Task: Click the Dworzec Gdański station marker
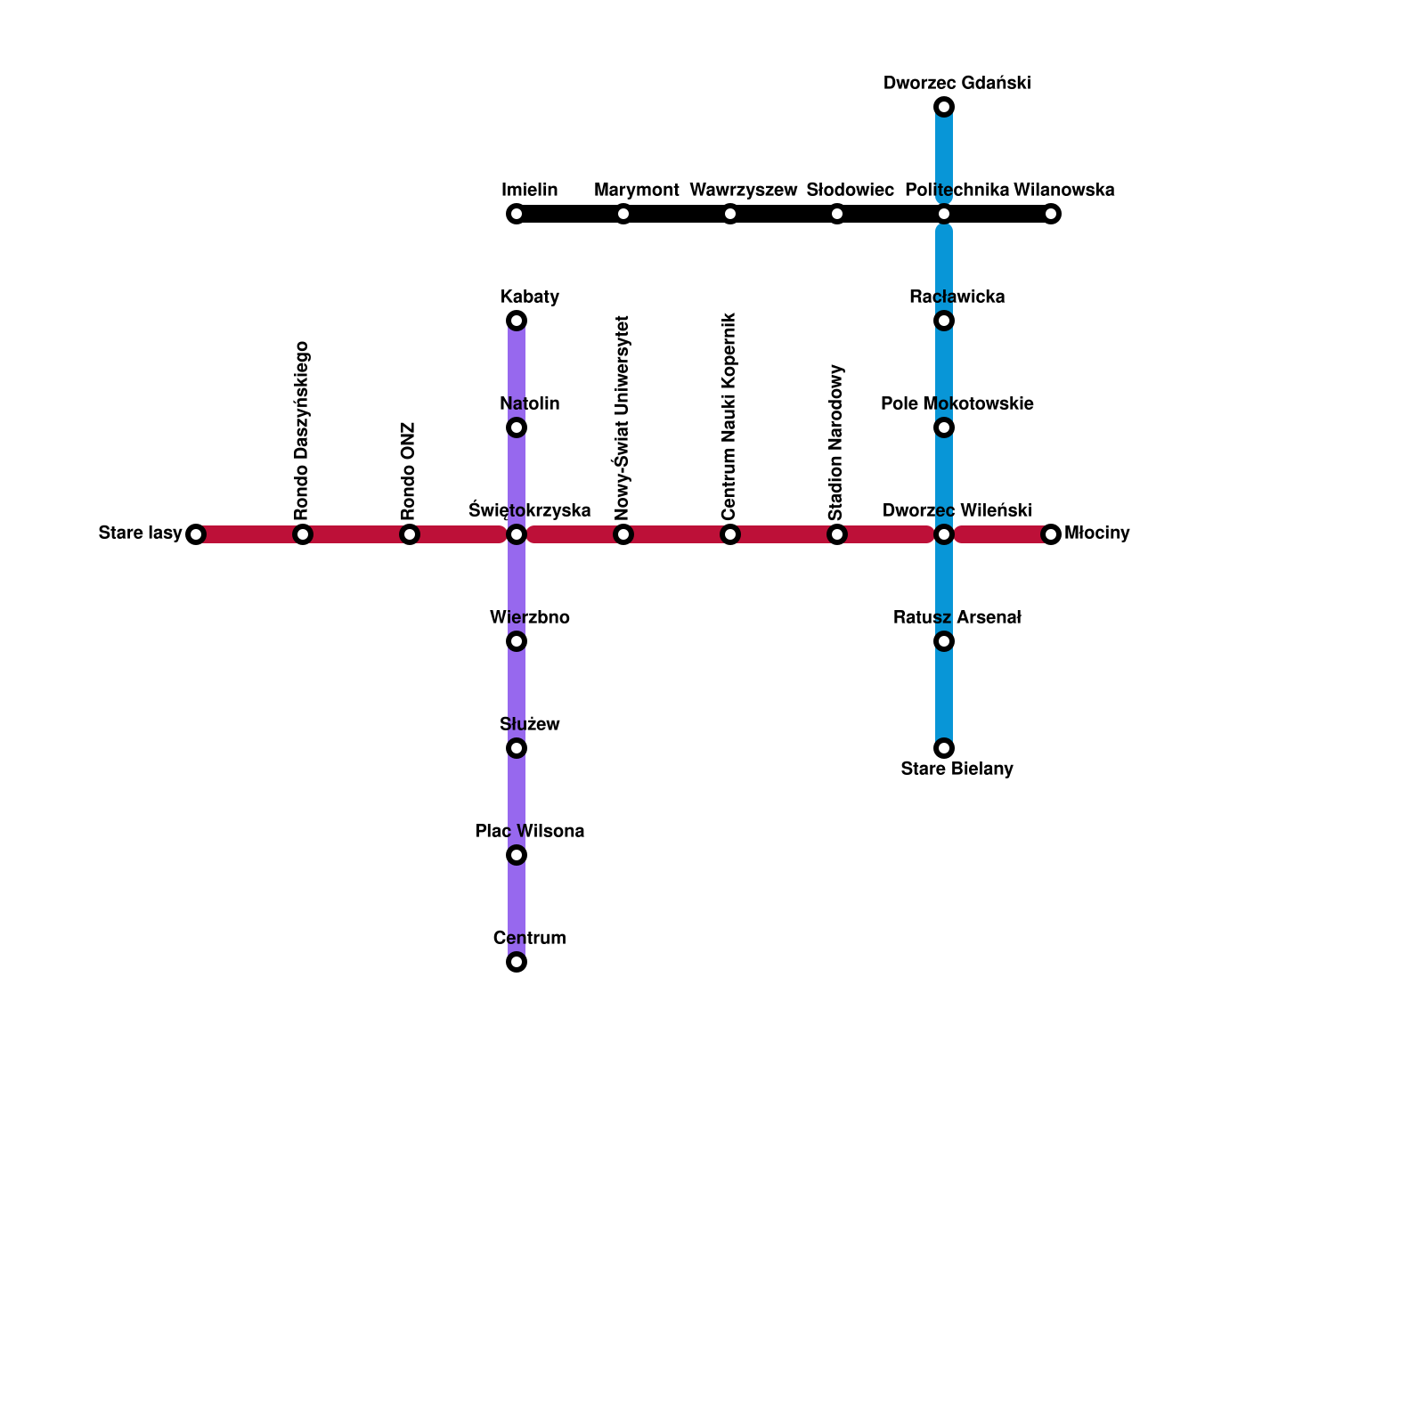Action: (x=944, y=108)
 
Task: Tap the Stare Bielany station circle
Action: (x=944, y=748)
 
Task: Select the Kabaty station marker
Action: (x=517, y=321)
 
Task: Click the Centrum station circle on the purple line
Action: (x=517, y=962)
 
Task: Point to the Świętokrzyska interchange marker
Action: (x=517, y=534)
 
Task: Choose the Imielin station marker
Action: (x=517, y=214)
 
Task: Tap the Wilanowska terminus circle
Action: (x=1051, y=214)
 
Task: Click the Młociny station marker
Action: (x=1051, y=534)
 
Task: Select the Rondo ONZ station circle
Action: (x=410, y=534)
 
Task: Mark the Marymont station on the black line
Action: (x=623, y=214)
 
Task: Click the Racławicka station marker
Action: (x=944, y=321)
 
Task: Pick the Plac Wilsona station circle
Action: (x=517, y=855)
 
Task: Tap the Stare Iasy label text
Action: (x=140, y=533)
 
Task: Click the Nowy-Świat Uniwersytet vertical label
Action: (x=623, y=417)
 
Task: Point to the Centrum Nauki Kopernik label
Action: (x=729, y=416)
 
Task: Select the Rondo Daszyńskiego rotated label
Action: (x=302, y=430)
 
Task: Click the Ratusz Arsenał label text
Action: (x=957, y=617)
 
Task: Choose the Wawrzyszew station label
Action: (x=744, y=190)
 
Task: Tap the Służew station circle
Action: (x=517, y=748)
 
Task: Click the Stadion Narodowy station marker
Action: (x=837, y=534)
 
